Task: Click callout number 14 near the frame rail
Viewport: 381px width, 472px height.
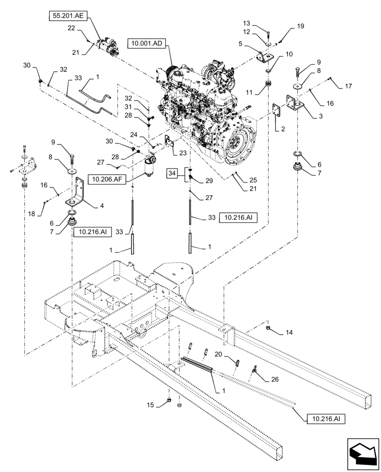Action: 289,333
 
